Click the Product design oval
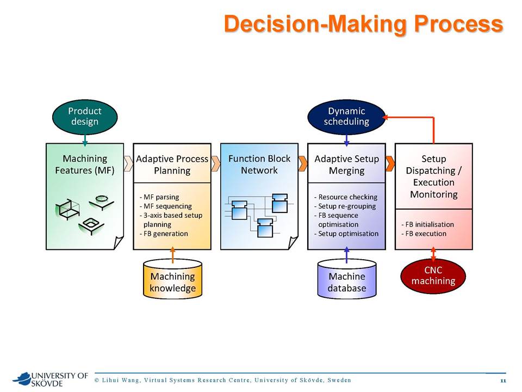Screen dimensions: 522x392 pyautogui.click(x=85, y=117)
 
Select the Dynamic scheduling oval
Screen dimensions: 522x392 pyautogui.click(x=346, y=117)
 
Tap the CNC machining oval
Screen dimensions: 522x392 pyautogui.click(x=433, y=275)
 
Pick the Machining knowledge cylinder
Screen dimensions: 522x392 pyautogui.click(x=172, y=279)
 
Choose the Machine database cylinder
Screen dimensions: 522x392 pyautogui.click(x=347, y=279)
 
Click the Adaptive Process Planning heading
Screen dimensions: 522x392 pyautogui.click(x=172, y=164)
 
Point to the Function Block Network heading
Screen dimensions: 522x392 pyautogui.click(x=259, y=164)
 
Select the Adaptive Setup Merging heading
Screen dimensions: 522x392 pyautogui.click(x=346, y=164)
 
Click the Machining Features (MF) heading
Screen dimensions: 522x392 pyautogui.click(x=85, y=164)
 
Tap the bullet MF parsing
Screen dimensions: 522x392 pyautogui.click(x=159, y=197)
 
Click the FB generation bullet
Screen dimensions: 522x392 pyautogui.click(x=164, y=234)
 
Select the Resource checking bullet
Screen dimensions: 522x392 pyautogui.click(x=346, y=197)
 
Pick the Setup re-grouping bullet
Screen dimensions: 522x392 pyautogui.click(x=345, y=206)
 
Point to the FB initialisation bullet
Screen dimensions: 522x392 pyautogui.click(x=427, y=224)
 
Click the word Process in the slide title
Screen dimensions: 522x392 pyautogui.click(x=458, y=24)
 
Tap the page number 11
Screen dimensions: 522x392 pyautogui.click(x=503, y=381)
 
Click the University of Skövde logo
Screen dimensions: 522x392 pyautogui.click(x=50, y=379)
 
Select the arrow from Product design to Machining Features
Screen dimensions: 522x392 pyautogui.click(x=85, y=140)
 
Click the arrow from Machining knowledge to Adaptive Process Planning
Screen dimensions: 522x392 pyautogui.click(x=172, y=255)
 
